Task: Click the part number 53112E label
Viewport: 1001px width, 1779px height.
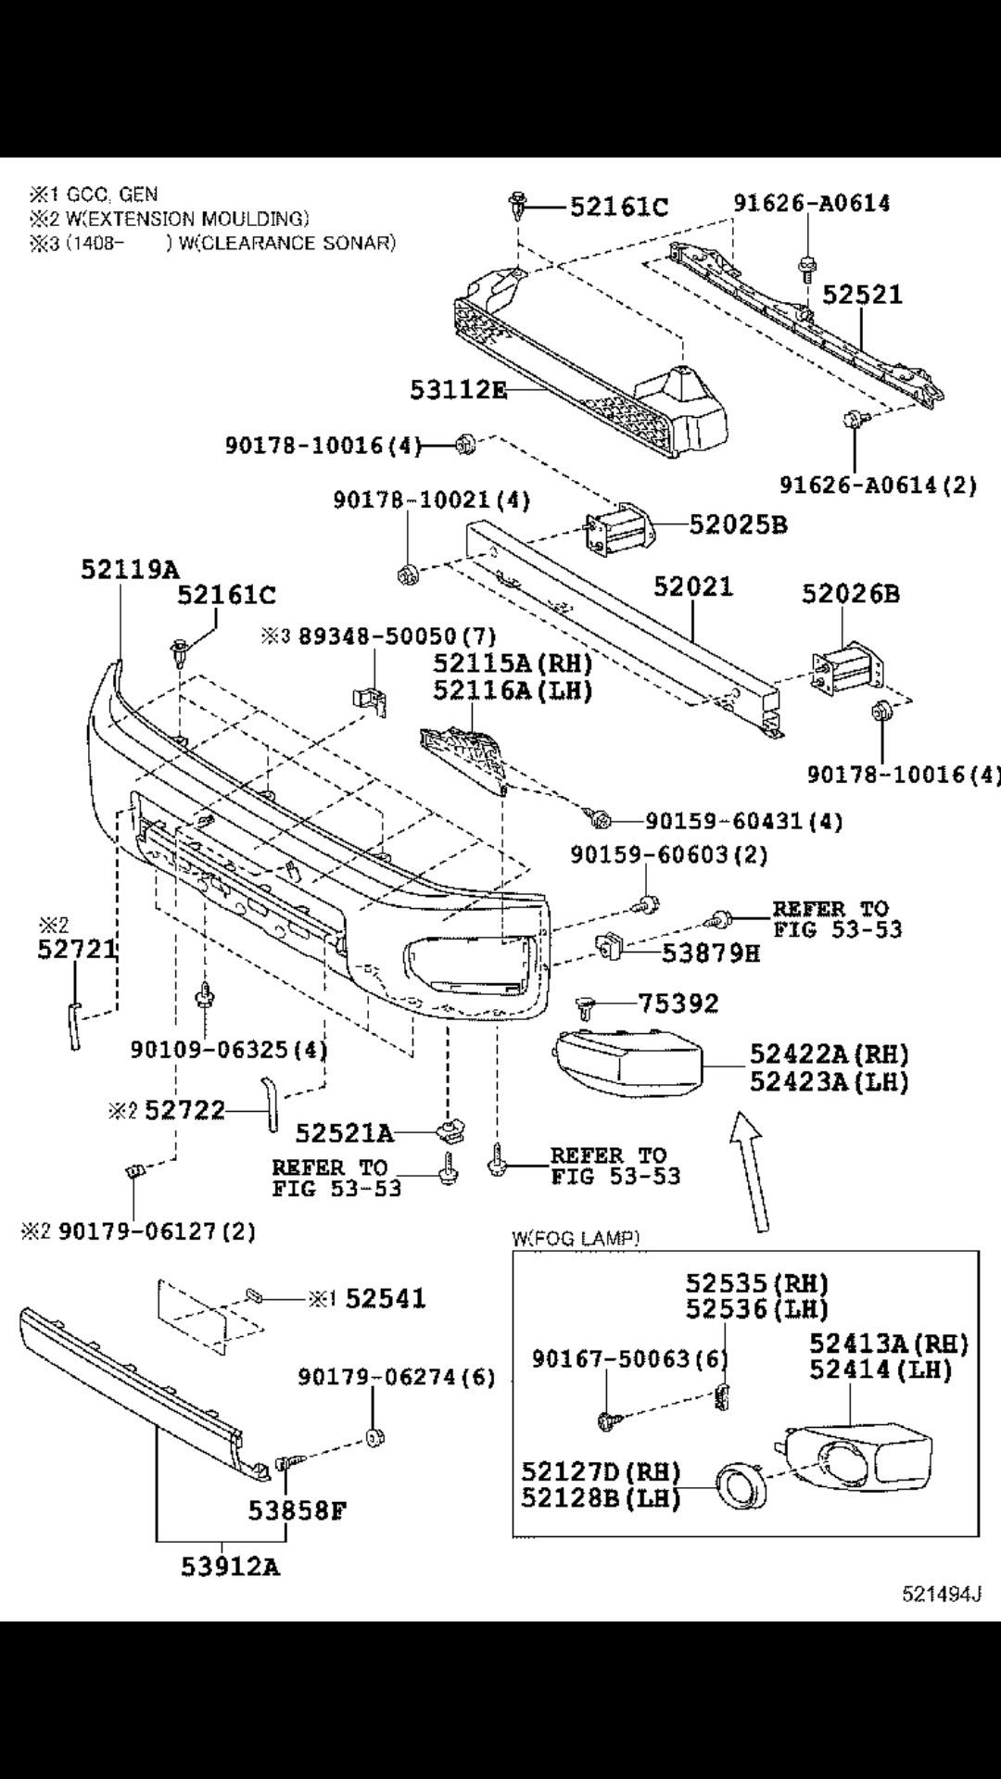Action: click(x=458, y=390)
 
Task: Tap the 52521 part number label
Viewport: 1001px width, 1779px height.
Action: click(x=862, y=294)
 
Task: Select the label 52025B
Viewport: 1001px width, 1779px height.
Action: click(x=738, y=524)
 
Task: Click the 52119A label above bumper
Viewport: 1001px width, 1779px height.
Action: click(x=130, y=569)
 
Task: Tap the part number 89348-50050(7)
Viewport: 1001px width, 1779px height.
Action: click(x=397, y=637)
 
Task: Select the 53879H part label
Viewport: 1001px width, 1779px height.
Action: click(x=710, y=952)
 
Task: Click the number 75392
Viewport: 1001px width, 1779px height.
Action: click(x=678, y=1003)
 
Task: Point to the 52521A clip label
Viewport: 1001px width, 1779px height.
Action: click(x=344, y=1132)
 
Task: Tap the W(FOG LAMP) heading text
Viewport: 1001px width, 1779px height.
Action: click(x=576, y=1238)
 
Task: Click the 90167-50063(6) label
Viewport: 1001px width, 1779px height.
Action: click(x=629, y=1358)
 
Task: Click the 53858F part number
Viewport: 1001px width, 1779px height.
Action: click(x=297, y=1511)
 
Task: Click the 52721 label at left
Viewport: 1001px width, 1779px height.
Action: click(x=77, y=949)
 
